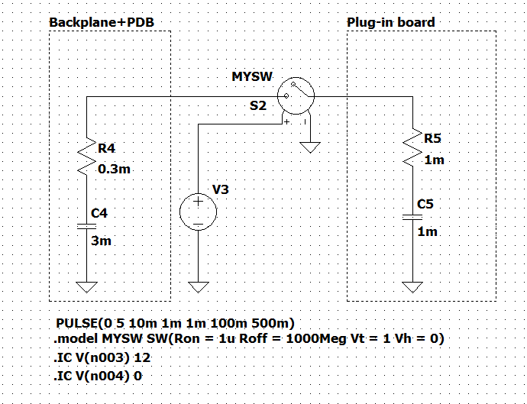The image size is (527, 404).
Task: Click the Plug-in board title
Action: [390, 22]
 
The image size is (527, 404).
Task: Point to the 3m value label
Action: [101, 241]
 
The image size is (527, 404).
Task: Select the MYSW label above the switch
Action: [251, 77]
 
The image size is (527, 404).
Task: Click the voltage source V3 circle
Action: [198, 212]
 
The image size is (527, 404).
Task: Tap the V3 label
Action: [220, 189]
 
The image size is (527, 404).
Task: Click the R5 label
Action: [432, 138]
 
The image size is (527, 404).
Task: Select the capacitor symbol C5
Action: [412, 217]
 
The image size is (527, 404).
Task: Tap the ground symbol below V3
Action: [198, 286]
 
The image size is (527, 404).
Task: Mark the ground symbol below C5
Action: [412, 286]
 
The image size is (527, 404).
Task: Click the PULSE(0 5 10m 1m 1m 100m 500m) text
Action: [175, 322]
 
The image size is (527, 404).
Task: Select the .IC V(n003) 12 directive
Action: [99, 357]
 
